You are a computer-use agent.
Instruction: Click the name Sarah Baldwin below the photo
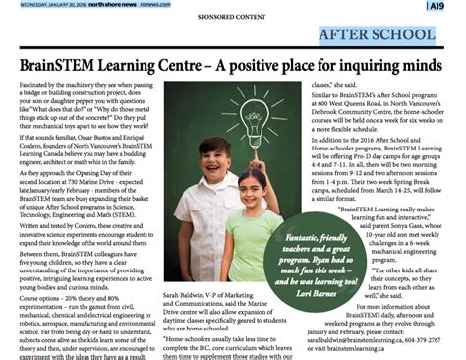click(188, 295)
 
